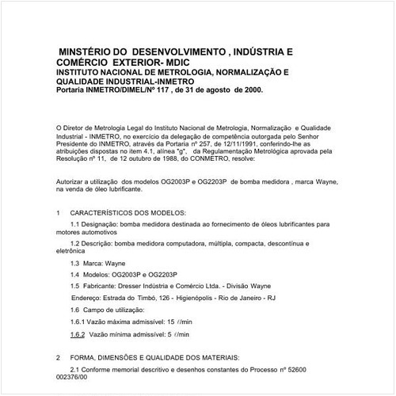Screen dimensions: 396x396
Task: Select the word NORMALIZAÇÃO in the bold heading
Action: click(242, 72)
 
